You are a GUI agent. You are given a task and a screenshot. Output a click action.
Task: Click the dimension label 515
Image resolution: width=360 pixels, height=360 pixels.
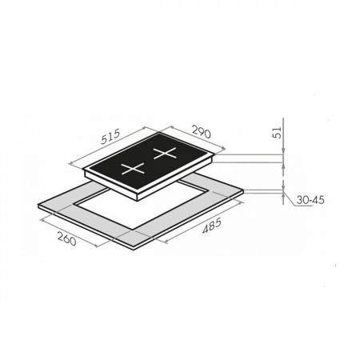point(110,137)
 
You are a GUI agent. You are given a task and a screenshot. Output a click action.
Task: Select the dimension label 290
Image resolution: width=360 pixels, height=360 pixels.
point(202,132)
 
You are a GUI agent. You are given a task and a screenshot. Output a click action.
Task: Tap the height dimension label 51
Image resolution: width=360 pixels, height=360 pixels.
point(278,133)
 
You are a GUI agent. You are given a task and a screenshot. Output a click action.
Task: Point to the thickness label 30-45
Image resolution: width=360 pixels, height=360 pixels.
point(310,200)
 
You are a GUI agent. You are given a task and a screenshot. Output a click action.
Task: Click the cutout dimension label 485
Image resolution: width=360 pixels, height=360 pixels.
point(212,226)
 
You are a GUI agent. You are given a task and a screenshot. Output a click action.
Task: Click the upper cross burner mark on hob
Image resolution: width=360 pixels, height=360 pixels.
point(165,154)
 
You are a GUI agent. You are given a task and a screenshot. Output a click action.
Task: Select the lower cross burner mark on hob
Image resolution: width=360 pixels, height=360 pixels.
point(133,169)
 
